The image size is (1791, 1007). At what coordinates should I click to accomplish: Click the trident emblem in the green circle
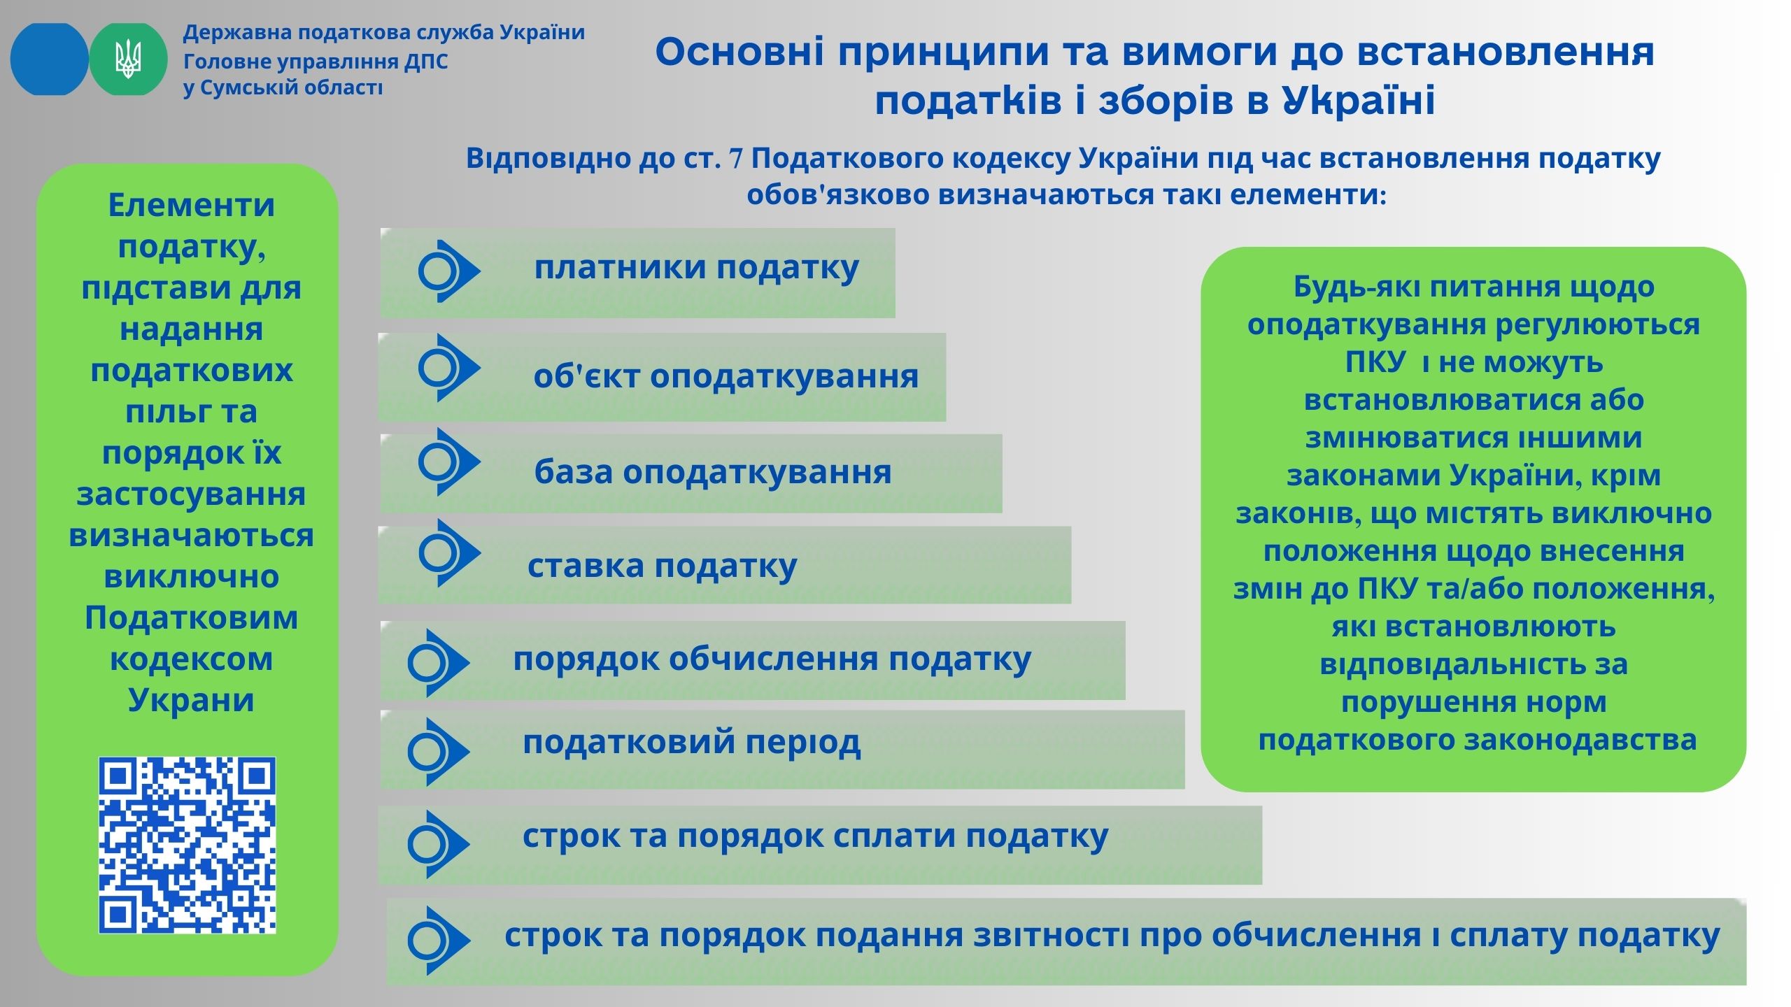tap(128, 59)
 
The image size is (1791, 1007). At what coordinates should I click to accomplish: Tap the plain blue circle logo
tap(49, 59)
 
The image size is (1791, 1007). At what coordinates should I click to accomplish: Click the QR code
tap(187, 845)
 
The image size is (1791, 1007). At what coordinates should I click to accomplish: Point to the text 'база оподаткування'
tap(713, 472)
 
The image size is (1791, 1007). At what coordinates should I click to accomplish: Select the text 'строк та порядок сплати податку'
tap(816, 837)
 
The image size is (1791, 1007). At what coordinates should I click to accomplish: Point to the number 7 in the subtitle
tap(736, 160)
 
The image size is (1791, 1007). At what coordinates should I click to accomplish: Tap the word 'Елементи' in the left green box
tap(191, 206)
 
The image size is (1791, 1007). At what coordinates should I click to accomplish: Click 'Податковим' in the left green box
tap(191, 618)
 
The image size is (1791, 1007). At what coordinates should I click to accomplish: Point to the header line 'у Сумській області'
tap(283, 89)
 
